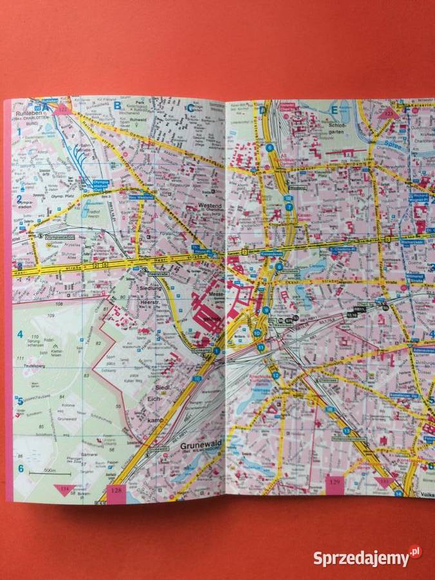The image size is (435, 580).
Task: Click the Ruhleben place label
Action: pyautogui.click(x=29, y=112)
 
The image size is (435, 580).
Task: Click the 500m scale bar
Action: pyautogui.click(x=40, y=474)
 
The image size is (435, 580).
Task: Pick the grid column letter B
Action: pyautogui.click(x=117, y=105)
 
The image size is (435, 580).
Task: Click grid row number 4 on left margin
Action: pyautogui.click(x=20, y=334)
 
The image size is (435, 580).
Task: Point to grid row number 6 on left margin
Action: pyautogui.click(x=20, y=469)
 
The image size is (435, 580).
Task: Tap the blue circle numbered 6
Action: pyautogui.click(x=271, y=148)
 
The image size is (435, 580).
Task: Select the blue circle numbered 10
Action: pyautogui.click(x=257, y=333)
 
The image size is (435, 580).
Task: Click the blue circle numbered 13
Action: pyautogui.click(x=346, y=430)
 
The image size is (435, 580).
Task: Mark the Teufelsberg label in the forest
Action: pyautogui.click(x=34, y=364)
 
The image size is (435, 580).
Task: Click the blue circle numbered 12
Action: pyautogui.click(x=275, y=374)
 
